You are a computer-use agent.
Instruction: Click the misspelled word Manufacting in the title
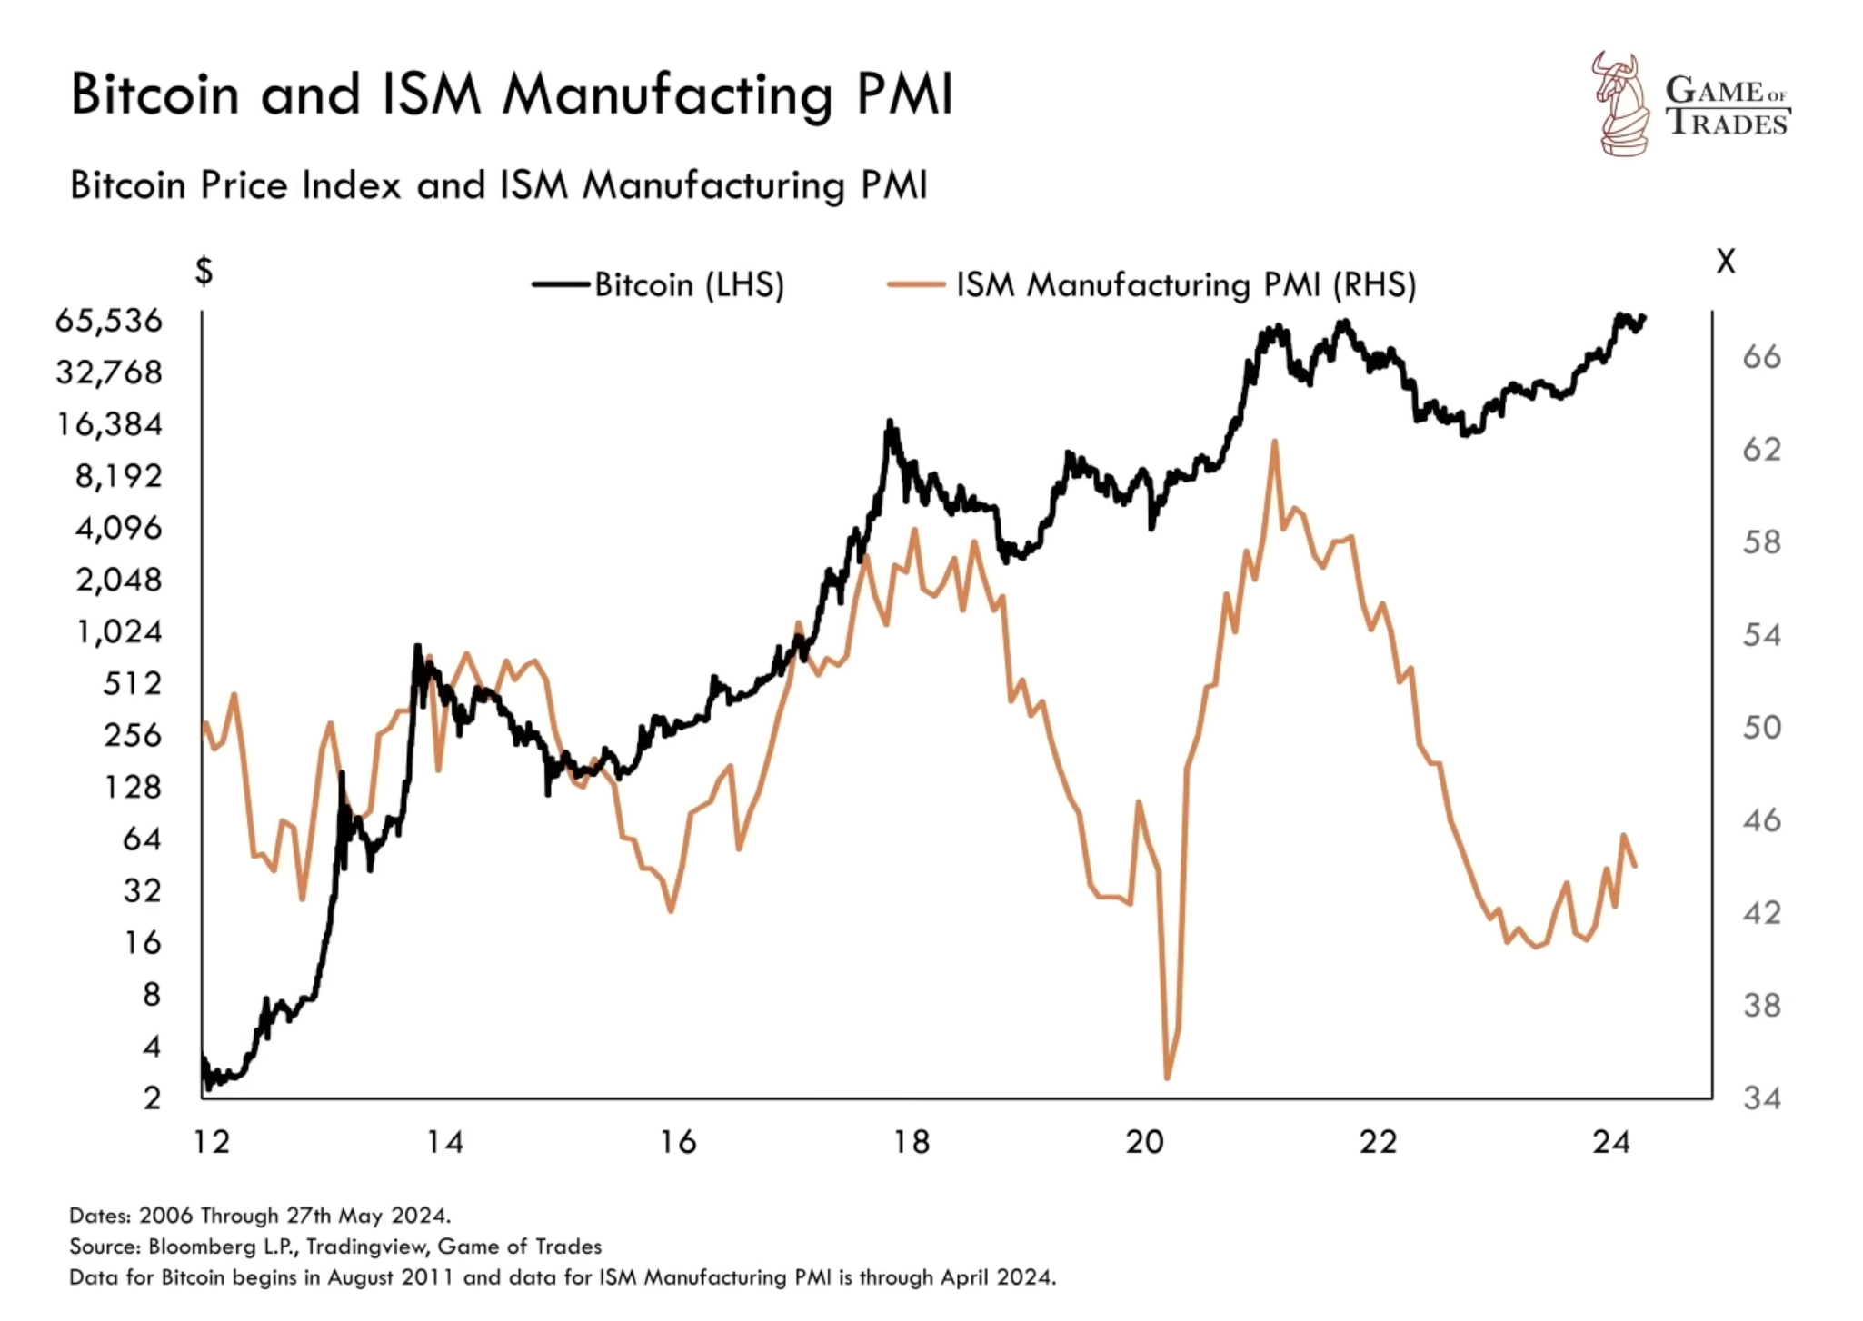click(668, 95)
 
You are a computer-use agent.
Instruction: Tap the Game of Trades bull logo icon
click(1623, 104)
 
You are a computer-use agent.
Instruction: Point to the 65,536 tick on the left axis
click(109, 321)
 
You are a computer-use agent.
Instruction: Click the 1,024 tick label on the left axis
click(119, 631)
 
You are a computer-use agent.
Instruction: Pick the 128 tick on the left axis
click(133, 787)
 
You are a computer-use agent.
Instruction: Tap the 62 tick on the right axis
click(1761, 450)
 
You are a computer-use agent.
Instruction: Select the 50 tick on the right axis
click(1761, 728)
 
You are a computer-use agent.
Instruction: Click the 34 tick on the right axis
click(1761, 1098)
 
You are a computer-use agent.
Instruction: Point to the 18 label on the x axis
click(912, 1142)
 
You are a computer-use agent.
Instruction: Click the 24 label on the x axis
click(1611, 1142)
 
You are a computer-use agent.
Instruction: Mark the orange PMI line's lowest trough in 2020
click(1167, 1078)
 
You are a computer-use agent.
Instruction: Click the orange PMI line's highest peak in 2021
click(1275, 442)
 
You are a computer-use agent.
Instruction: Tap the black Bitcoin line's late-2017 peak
click(890, 422)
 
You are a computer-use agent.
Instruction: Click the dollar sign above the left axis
click(204, 271)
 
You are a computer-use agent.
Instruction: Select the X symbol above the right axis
click(1725, 263)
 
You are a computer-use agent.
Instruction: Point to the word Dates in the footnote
click(99, 1216)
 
